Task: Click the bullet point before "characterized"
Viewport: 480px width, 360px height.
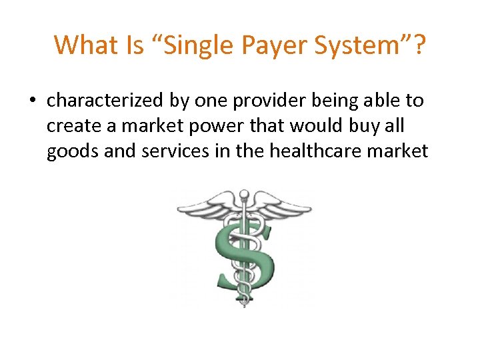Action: tap(32, 101)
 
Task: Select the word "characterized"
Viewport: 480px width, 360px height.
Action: tap(103, 101)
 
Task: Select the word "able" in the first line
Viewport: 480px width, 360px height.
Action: tap(371, 101)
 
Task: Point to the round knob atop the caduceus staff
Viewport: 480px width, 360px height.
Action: tap(244, 195)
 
